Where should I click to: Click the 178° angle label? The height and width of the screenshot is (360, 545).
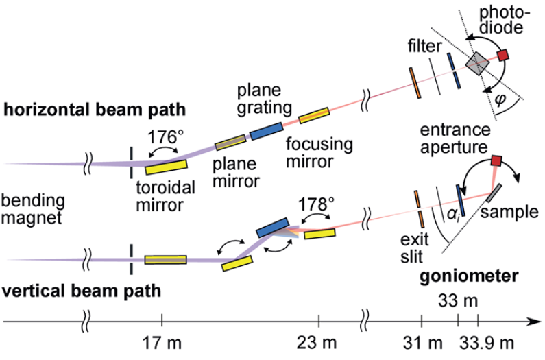(x=317, y=204)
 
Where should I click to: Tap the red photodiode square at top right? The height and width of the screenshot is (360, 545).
(x=504, y=54)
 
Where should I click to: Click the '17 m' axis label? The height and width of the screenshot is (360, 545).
(x=162, y=341)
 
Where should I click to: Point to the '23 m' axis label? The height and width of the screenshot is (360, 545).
(x=319, y=341)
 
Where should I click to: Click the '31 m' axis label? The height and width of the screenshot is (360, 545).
(x=422, y=341)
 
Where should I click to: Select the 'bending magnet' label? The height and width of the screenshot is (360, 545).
(x=34, y=210)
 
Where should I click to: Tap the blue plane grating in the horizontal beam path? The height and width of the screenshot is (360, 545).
(x=267, y=131)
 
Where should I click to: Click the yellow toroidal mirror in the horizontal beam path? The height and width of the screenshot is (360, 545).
(x=166, y=165)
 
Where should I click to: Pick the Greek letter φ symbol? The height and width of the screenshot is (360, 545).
(x=500, y=99)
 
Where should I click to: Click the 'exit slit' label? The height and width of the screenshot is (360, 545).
(x=413, y=249)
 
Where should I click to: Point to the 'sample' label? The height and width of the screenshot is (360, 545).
(x=509, y=211)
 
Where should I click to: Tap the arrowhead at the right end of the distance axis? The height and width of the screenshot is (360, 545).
(x=535, y=320)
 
